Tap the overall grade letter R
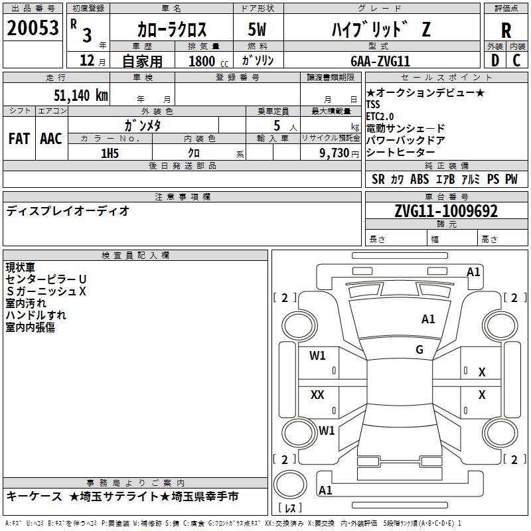point(506,31)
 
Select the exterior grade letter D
point(494,60)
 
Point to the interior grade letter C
point(517,60)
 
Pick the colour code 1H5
point(110,153)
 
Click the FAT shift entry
point(19,139)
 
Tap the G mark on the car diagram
point(419,350)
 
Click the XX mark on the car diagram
point(317,395)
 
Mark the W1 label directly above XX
point(317,356)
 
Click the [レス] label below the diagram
point(290,508)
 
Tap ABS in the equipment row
point(419,179)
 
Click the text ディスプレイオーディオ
point(68,211)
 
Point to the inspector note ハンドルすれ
point(36,315)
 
